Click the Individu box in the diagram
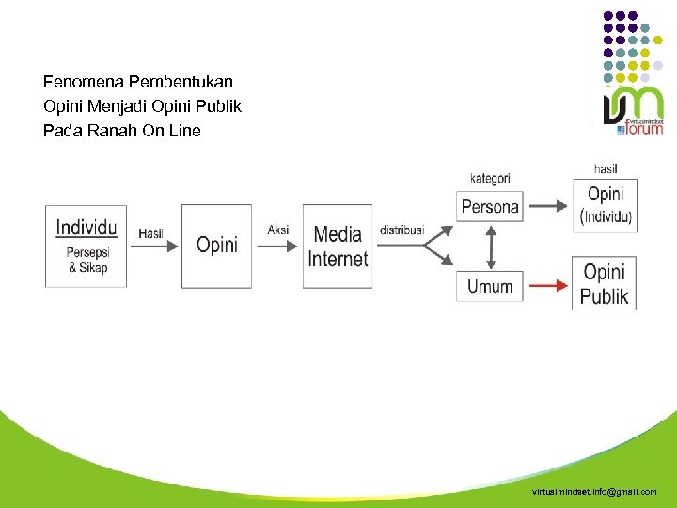tap(87, 246)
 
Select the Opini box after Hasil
tap(216, 246)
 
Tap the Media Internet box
tap(338, 246)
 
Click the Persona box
tap(489, 207)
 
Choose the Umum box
tap(489, 286)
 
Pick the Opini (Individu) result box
tap(605, 205)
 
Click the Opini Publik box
tap(604, 284)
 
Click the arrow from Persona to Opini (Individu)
tap(548, 207)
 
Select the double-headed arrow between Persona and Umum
tap(490, 246)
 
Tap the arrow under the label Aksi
tap(277, 246)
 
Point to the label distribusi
tap(401, 230)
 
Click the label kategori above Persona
tap(490, 178)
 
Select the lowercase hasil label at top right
tap(606, 168)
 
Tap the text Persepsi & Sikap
tap(87, 260)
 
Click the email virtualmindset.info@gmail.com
tap(594, 492)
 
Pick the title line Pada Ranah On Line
tap(121, 131)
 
